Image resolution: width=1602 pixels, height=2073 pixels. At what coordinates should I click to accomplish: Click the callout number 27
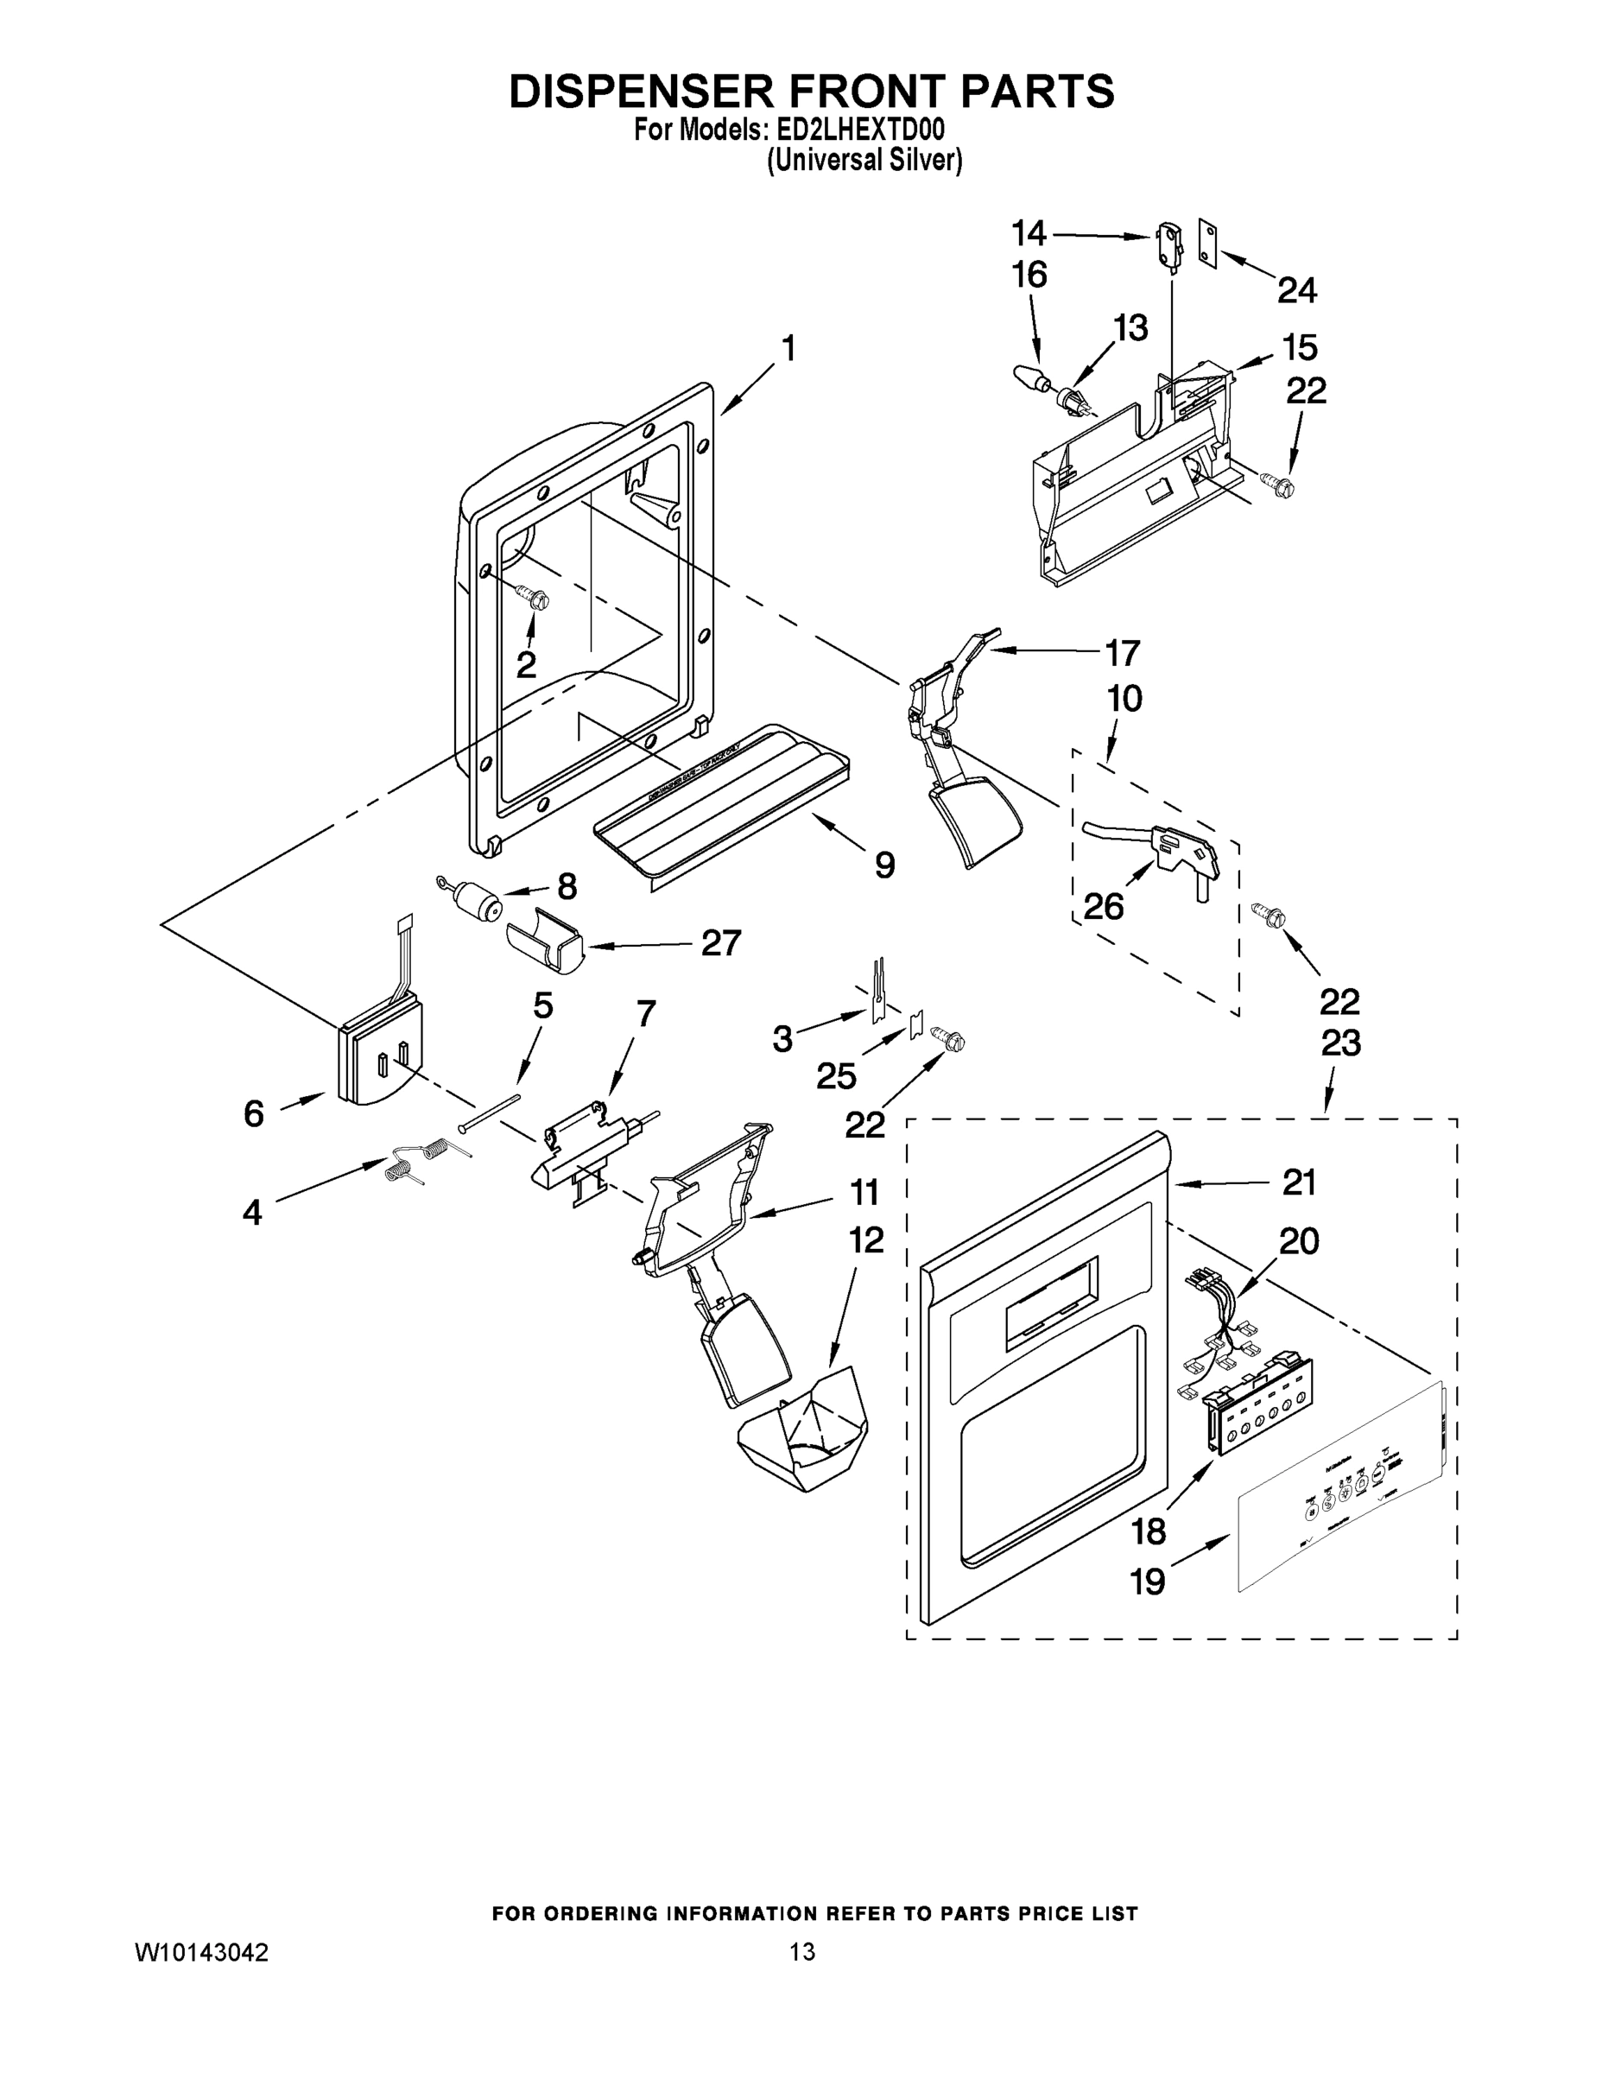[720, 942]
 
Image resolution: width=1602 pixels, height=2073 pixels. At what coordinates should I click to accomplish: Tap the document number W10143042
[201, 1950]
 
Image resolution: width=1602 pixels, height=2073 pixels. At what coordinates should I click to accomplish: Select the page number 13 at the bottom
[802, 1950]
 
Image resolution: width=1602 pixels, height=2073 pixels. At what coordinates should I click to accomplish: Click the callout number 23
[1340, 1043]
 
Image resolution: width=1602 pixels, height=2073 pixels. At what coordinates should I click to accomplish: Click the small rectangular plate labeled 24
[1206, 244]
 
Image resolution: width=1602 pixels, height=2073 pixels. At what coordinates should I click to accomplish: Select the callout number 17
[1122, 653]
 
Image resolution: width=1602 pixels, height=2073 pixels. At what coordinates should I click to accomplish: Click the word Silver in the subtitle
[922, 162]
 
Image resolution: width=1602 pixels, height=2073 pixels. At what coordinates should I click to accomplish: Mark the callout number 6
[253, 1113]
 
